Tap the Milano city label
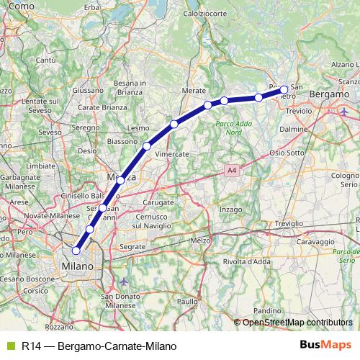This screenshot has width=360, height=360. [x=78, y=266]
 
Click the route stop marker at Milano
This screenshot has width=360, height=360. [x=76, y=251]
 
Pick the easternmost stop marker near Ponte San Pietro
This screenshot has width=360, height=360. [x=284, y=90]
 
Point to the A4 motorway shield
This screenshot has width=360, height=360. [x=230, y=171]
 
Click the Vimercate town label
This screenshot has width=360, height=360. [x=172, y=154]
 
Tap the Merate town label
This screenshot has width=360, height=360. [x=194, y=91]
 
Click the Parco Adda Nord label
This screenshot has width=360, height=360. [x=229, y=127]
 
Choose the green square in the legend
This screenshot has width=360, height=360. [x=9, y=346]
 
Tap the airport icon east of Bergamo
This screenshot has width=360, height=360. [x=346, y=112]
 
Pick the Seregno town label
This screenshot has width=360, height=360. [x=86, y=127]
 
